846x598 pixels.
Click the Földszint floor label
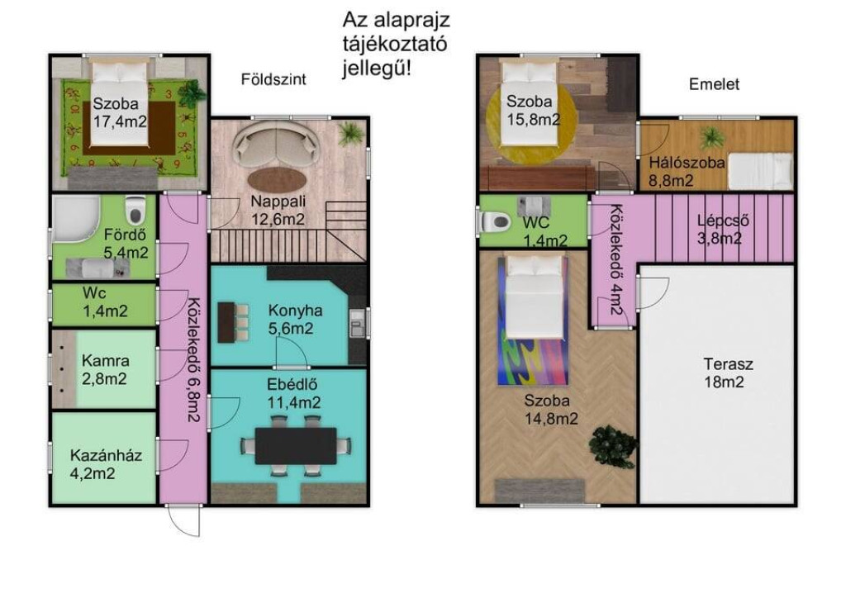point(273,79)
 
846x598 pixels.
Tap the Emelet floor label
point(714,84)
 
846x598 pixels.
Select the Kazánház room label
point(107,455)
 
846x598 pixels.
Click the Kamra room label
point(105,361)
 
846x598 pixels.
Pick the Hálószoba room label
point(687,163)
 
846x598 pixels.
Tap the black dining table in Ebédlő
point(296,445)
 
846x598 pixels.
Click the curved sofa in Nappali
point(275,144)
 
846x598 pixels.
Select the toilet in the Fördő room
point(135,210)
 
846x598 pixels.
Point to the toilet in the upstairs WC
point(494,221)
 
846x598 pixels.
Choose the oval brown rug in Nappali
point(278,179)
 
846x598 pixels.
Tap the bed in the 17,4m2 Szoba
point(119,103)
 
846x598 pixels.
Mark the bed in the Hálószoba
point(761,170)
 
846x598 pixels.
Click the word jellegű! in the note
point(377,69)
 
